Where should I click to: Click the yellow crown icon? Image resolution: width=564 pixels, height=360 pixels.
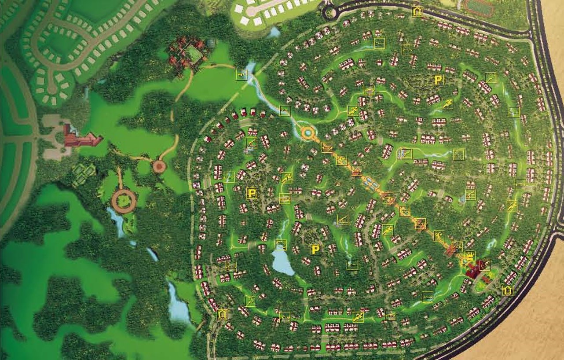pyautogui.click(x=470, y=256)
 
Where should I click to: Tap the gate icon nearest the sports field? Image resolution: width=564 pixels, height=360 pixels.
pyautogui.click(x=417, y=11)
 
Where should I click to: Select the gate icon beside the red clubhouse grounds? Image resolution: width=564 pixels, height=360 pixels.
pyautogui.click(x=508, y=290)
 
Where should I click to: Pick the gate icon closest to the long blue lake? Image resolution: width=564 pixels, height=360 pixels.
pyautogui.click(x=223, y=314)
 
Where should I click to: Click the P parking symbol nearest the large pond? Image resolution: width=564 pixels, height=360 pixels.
pyautogui.click(x=315, y=250)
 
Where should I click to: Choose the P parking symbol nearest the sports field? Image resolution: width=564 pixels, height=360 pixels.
pyautogui.click(x=438, y=80)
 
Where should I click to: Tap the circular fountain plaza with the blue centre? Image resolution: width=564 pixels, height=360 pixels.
pyautogui.click(x=307, y=132)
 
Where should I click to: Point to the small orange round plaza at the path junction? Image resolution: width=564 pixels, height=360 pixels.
pyautogui.click(x=159, y=166)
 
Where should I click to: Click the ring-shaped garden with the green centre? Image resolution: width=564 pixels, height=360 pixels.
pyautogui.click(x=124, y=201)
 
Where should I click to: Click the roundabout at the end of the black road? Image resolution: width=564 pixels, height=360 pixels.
pyautogui.click(x=330, y=13)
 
